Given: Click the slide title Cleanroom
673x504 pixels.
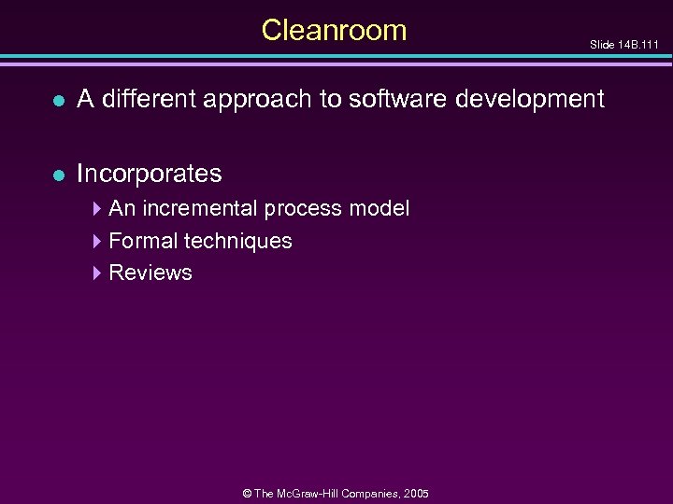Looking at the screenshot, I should pos(334,30).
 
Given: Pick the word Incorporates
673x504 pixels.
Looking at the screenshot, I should pos(149,174).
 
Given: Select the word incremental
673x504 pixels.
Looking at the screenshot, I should pos(201,208).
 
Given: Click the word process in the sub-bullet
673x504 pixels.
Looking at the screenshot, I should pos(304,209).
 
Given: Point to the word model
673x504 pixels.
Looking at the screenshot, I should pos(379,208).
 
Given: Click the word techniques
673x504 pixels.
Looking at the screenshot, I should pos(237,242).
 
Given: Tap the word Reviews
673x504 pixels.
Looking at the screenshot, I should pos(150,273).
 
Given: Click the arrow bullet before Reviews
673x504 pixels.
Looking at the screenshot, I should pos(98,273).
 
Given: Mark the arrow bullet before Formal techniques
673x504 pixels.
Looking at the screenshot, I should pos(98,241).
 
